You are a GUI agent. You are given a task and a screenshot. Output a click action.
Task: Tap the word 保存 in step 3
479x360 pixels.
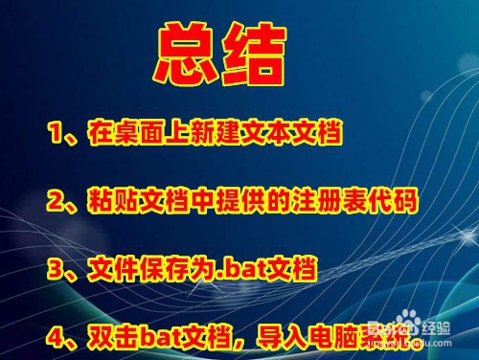(160, 268)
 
